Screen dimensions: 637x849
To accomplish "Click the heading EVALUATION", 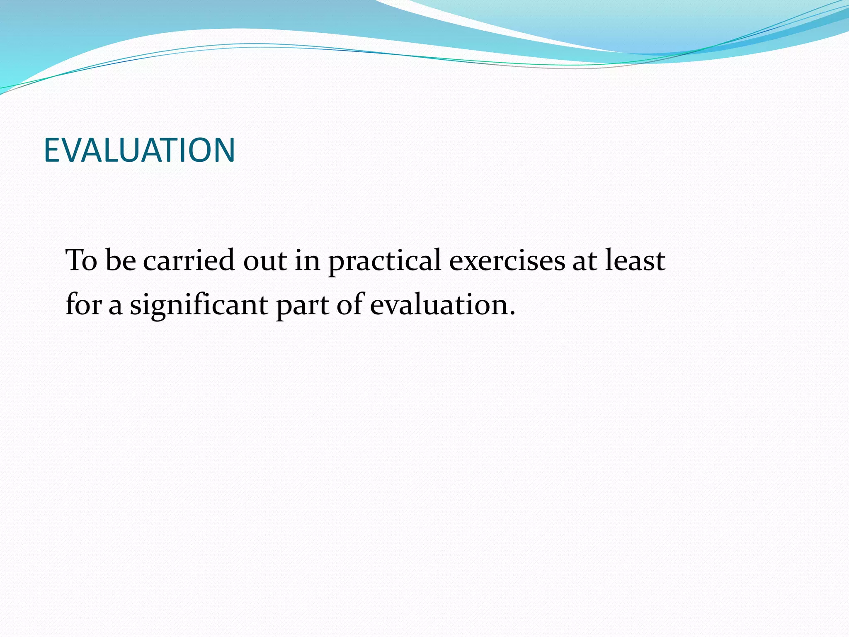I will [x=139, y=150].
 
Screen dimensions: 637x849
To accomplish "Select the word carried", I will [x=189, y=260].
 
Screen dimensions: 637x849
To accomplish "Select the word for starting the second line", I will [x=83, y=304].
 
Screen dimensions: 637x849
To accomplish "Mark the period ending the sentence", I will [x=512, y=314].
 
